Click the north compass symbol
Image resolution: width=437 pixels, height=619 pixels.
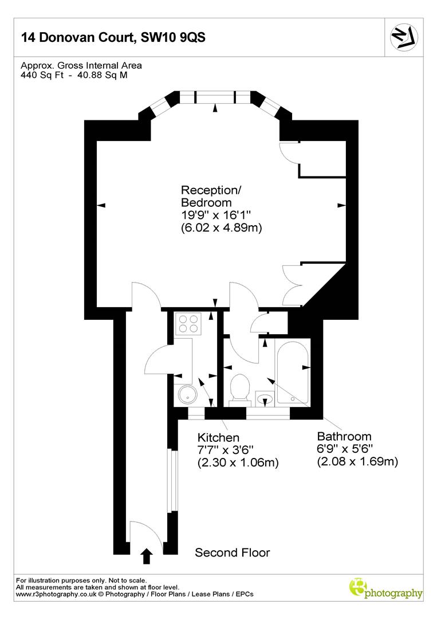(405, 38)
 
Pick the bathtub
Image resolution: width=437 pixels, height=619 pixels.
(292, 371)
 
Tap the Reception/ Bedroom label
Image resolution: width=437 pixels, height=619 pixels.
(208, 196)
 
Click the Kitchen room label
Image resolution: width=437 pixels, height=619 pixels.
(218, 438)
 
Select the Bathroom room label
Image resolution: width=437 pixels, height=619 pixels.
(344, 436)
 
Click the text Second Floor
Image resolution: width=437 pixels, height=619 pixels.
(232, 553)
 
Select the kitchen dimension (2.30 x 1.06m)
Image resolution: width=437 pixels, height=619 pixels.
(238, 463)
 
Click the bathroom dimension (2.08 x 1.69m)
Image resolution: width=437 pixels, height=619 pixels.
(357, 461)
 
